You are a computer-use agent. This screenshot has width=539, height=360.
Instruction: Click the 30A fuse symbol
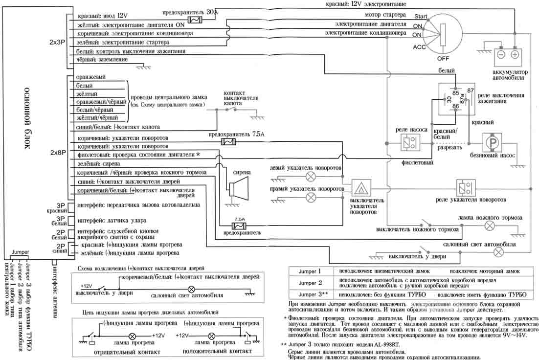pyautogui.click(x=195, y=20)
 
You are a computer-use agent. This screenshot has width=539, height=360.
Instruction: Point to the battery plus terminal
pyautogui.click(x=515, y=55)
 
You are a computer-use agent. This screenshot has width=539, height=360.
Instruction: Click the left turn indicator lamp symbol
pyautogui.click(x=310, y=176)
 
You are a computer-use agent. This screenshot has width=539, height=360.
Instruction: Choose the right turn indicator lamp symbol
pyautogui.click(x=310, y=197)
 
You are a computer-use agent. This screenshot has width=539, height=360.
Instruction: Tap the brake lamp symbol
pyautogui.click(x=491, y=225)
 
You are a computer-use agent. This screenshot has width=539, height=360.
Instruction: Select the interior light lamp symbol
pyautogui.click(x=498, y=252)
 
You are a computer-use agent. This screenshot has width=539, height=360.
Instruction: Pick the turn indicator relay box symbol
pyautogui.click(x=463, y=188)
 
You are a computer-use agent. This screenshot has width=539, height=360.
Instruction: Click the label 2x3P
pyautogui.click(x=57, y=42)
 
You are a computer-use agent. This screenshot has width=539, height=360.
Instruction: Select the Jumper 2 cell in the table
pyautogui.click(x=310, y=283)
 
